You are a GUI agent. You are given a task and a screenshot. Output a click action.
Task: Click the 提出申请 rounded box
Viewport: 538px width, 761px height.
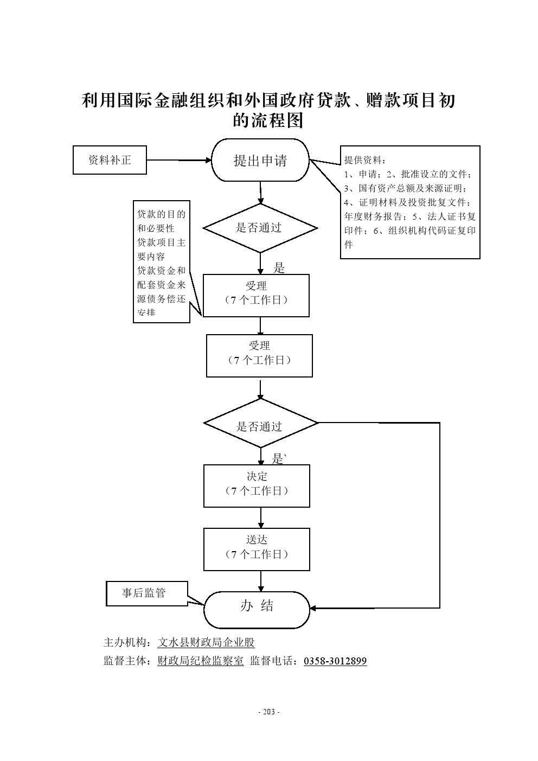pyautogui.click(x=260, y=160)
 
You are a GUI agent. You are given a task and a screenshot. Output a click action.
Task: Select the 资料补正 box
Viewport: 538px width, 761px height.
pyautogui.click(x=110, y=160)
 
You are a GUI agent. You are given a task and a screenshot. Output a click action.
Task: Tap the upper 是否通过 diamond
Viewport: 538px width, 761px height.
pyautogui.click(x=260, y=228)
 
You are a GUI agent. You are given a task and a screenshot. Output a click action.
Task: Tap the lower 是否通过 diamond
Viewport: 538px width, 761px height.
pyautogui.click(x=260, y=426)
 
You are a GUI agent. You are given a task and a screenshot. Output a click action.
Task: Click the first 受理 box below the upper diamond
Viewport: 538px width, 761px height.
pyautogui.click(x=256, y=296)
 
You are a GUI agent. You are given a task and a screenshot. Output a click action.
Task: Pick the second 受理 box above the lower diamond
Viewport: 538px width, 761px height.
pyautogui.click(x=259, y=355)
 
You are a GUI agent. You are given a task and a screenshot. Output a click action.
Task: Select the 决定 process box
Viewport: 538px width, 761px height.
pyautogui.click(x=257, y=485)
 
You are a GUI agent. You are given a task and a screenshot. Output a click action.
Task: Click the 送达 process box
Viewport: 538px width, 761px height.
pyautogui.click(x=257, y=549)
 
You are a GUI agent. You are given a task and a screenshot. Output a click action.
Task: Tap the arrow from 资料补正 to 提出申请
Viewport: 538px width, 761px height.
pyautogui.click(x=179, y=160)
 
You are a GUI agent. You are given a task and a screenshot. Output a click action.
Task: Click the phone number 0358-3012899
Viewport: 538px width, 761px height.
pyautogui.click(x=335, y=661)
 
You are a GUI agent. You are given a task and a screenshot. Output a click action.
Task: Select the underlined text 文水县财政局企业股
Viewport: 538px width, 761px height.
pyautogui.click(x=206, y=642)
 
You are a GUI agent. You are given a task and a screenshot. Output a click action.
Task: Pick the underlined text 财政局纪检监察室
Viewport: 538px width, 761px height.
pyautogui.click(x=201, y=661)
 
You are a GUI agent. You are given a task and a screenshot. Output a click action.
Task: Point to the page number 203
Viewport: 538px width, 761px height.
pyautogui.click(x=268, y=712)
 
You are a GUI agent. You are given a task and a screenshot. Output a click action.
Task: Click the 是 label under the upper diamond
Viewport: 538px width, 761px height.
pyautogui.click(x=279, y=267)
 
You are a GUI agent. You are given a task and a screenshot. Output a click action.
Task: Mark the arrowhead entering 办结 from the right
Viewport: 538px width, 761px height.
pyautogui.click(x=313, y=608)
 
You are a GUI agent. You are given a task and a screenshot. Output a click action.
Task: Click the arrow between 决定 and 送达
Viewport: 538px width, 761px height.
pyautogui.click(x=261, y=517)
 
